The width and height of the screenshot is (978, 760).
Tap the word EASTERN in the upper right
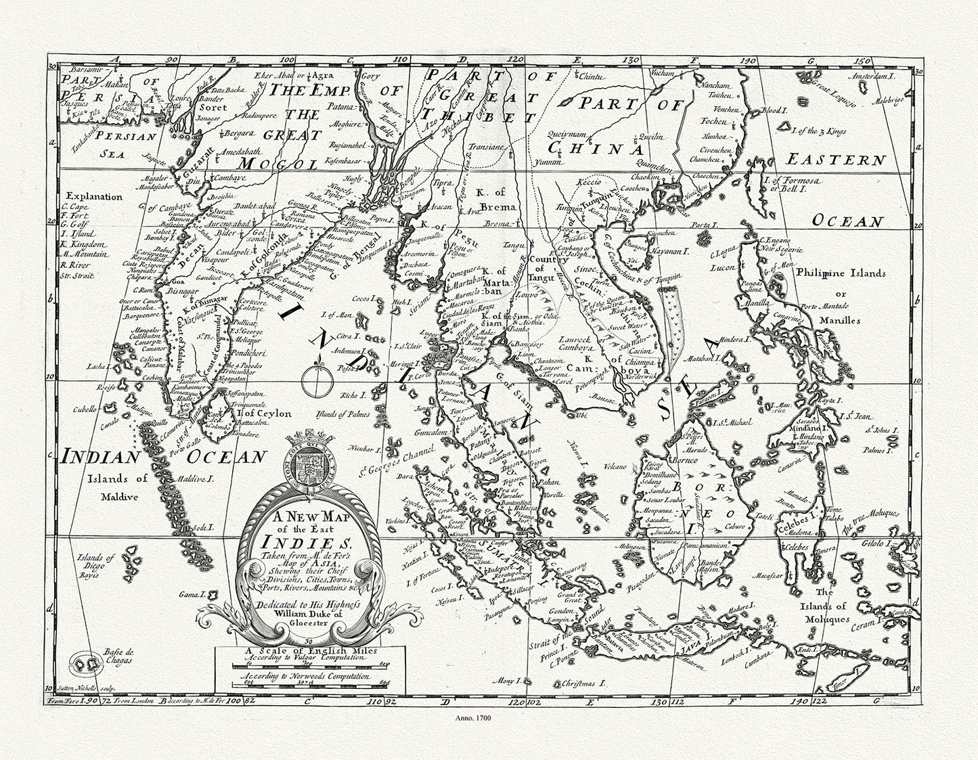(x=835, y=160)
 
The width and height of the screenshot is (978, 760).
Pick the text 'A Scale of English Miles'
(x=308, y=653)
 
